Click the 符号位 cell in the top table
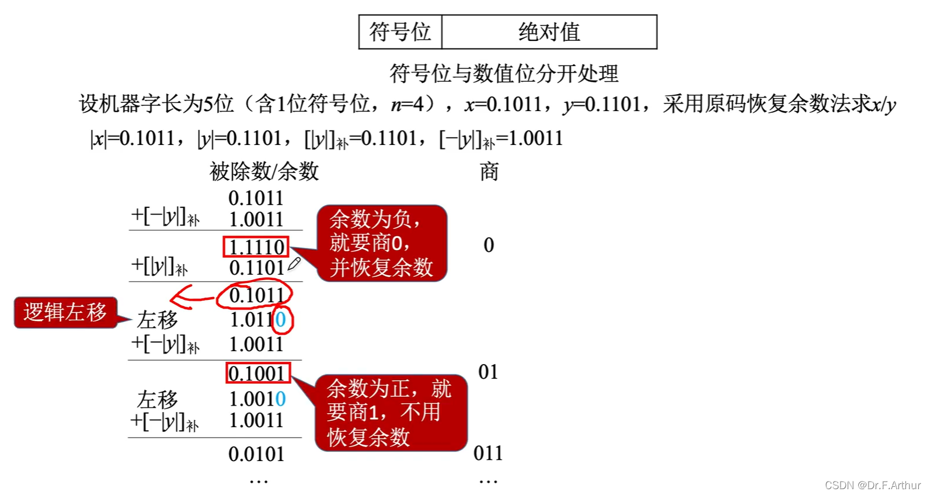400,32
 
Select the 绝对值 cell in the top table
549,32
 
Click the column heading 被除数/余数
264,172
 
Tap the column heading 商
489,172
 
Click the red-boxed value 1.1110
256,247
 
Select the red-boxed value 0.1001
257,373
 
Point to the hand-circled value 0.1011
255,296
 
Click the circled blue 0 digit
281,320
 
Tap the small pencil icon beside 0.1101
294,264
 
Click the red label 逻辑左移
65,312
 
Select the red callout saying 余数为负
381,243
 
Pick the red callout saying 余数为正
390,413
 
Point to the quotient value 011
488,453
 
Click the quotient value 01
488,372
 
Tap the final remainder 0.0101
256,454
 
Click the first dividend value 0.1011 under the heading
256,198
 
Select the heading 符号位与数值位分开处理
503,74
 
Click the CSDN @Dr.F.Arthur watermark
872,485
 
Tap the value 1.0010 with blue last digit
257,399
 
